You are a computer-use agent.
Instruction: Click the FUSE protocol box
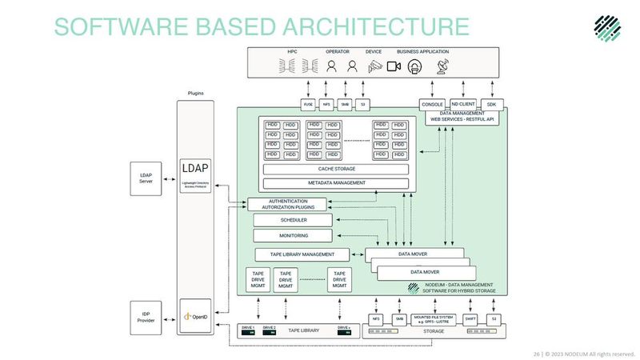(x=308, y=104)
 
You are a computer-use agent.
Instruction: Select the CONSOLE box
(x=432, y=104)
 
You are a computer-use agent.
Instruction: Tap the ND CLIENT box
(x=463, y=104)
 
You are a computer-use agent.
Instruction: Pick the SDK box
(x=491, y=104)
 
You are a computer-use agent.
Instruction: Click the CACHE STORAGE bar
(x=336, y=169)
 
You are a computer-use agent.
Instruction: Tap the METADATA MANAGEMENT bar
(x=336, y=183)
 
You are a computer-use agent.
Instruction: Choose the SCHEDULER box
(x=293, y=220)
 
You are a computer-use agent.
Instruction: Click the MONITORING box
(x=293, y=236)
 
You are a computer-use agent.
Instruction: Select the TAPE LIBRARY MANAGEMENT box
(x=302, y=254)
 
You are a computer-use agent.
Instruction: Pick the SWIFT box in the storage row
(x=470, y=319)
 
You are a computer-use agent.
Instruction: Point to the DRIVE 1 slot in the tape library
(x=248, y=329)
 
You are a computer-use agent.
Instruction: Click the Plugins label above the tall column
(x=195, y=94)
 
